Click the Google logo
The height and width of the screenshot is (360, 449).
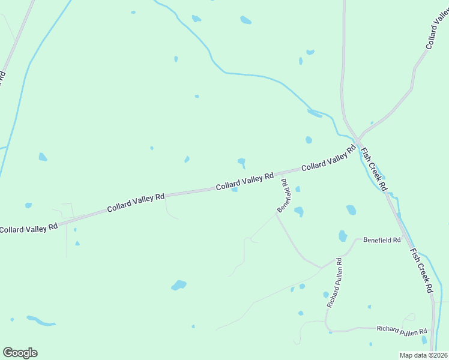pyautogui.click(x=20, y=353)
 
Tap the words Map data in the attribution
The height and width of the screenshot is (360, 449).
pyautogui.click(x=413, y=355)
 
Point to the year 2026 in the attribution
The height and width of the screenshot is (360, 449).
pyautogui.click(x=438, y=355)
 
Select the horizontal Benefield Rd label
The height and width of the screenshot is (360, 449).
pyautogui.click(x=382, y=240)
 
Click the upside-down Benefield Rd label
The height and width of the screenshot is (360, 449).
pyautogui.click(x=284, y=196)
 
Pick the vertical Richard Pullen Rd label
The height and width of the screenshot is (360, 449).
pyautogui.click(x=334, y=283)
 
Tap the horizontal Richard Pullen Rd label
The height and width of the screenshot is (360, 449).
pyautogui.click(x=402, y=330)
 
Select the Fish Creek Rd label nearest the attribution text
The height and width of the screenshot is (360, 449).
pyautogui.click(x=421, y=270)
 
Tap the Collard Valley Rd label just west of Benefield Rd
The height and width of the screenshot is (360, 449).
pyautogui.click(x=245, y=182)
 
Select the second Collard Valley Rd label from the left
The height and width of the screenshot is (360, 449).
pyautogui.click(x=136, y=203)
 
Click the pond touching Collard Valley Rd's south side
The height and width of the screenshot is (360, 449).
pyautogui.click(x=235, y=190)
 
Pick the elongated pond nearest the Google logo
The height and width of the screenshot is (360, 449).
pyautogui.click(x=41, y=320)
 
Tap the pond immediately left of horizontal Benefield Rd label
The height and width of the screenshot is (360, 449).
pyautogui.click(x=343, y=236)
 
